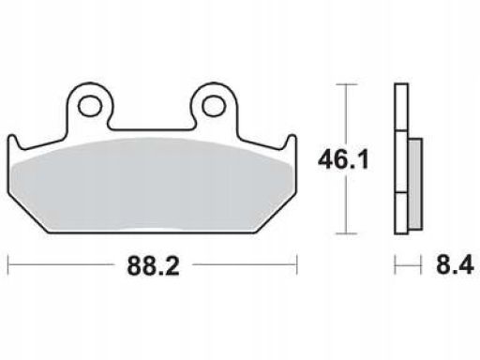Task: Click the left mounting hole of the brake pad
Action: pos(90,106)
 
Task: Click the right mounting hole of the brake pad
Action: pos(214,106)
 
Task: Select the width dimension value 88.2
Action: pos(153,266)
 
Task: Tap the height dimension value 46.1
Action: pos(343,159)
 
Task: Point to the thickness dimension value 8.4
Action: pos(455,264)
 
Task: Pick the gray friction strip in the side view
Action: pos(415,184)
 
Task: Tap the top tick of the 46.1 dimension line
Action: pos(346,84)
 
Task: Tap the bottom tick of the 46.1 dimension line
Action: pos(346,233)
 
